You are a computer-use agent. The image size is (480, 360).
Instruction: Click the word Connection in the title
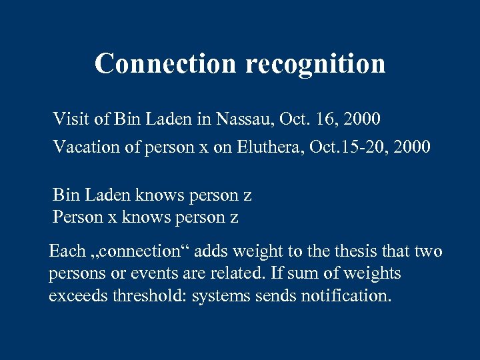[x=166, y=63]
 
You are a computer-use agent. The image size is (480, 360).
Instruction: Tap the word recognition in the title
[x=315, y=65]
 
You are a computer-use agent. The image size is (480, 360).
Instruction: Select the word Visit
[x=69, y=120]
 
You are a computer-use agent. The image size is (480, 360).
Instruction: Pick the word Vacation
[x=83, y=147]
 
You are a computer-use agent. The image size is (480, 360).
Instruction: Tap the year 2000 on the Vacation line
[x=412, y=147]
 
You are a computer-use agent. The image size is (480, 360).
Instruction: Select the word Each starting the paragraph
[x=67, y=251]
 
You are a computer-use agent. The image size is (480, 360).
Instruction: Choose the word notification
[x=348, y=295]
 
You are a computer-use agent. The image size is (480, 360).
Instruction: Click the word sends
[x=277, y=295]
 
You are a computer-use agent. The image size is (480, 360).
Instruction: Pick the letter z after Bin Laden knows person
[x=247, y=196]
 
